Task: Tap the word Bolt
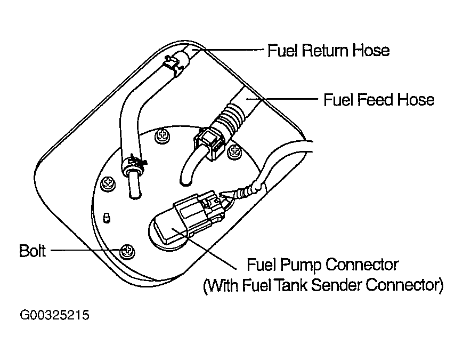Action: [33, 250]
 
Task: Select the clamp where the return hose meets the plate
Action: [135, 163]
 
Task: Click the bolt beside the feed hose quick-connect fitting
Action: [233, 153]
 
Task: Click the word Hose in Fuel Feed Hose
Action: [419, 100]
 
